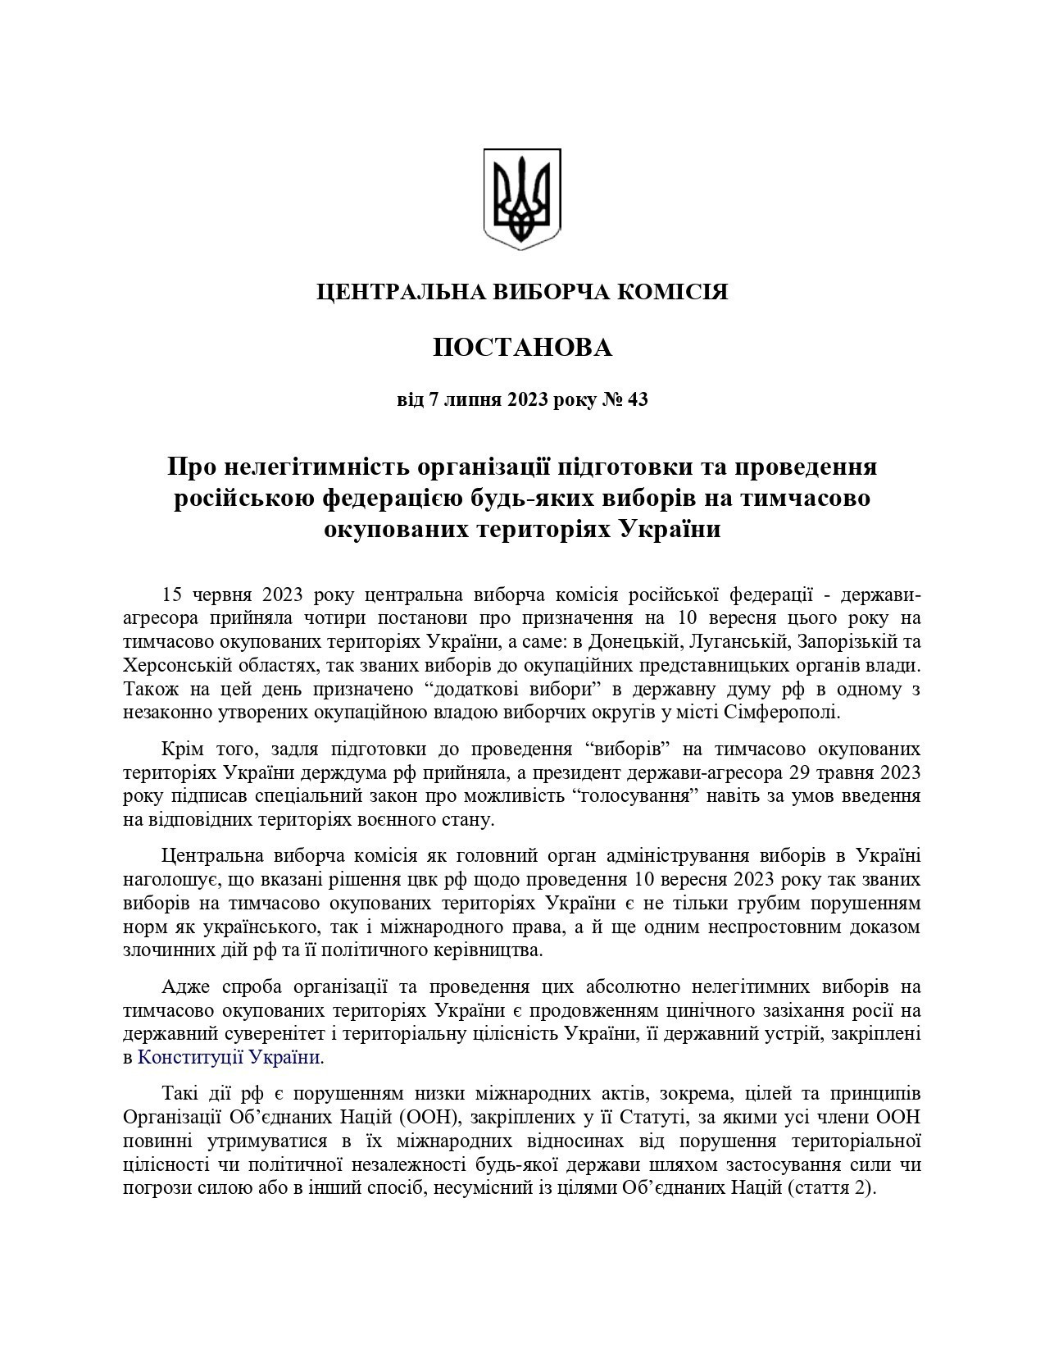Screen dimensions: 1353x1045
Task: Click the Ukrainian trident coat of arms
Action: tap(522, 198)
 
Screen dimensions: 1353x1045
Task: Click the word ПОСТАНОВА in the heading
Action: tap(522, 348)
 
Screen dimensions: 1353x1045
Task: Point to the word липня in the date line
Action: tap(471, 400)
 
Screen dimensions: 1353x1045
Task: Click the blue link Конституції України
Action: tap(229, 1058)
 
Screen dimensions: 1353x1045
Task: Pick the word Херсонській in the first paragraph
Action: tap(170, 665)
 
